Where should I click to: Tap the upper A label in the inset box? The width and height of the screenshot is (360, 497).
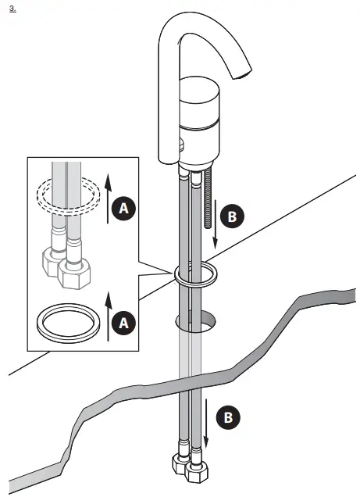[122, 208]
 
